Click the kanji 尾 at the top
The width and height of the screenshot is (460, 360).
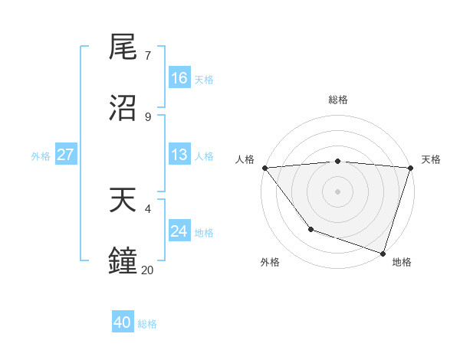click(x=123, y=48)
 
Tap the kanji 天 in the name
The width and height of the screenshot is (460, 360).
click(x=123, y=201)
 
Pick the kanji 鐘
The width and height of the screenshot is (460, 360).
click(x=123, y=261)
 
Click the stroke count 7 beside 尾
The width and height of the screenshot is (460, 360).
click(x=148, y=56)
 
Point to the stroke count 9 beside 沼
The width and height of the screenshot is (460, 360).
click(x=148, y=116)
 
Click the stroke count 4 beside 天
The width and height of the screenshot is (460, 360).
click(x=148, y=208)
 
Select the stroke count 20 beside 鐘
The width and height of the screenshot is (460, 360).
click(x=148, y=270)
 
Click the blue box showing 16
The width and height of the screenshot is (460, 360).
click(x=179, y=78)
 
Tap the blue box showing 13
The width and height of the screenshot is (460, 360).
click(x=179, y=155)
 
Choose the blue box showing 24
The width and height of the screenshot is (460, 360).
click(x=179, y=231)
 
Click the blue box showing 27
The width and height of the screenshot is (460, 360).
click(x=65, y=155)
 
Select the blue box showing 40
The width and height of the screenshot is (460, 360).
click(x=123, y=323)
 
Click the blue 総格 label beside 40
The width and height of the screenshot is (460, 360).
click(x=147, y=324)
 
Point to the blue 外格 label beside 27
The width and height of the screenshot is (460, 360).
click(x=41, y=155)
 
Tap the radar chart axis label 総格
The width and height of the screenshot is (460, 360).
click(x=338, y=100)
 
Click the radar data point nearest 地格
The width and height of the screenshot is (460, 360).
click(x=383, y=253)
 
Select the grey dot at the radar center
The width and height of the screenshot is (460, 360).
click(x=338, y=191)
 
